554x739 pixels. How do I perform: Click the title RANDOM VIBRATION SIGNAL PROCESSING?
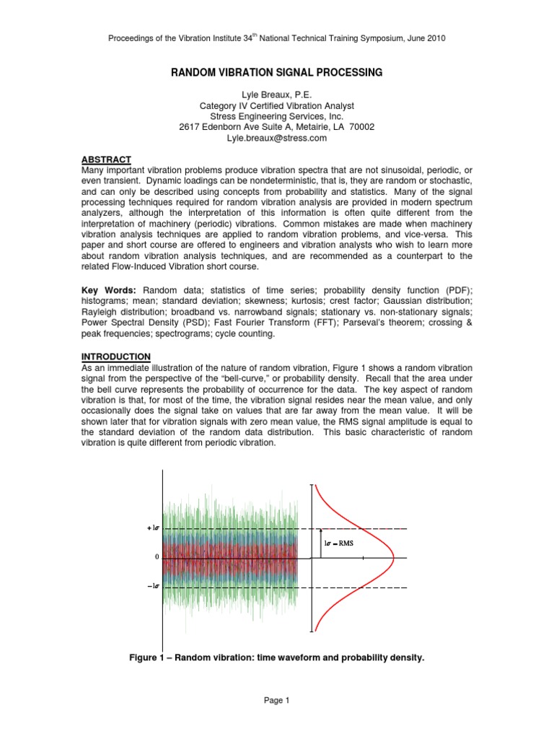click(x=276, y=72)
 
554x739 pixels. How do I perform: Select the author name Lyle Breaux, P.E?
click(x=276, y=95)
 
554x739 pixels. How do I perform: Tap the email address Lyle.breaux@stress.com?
click(x=276, y=137)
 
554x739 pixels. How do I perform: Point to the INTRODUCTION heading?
click(x=115, y=357)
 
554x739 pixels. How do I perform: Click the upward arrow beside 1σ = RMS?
click(x=320, y=543)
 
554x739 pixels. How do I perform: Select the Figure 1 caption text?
click(x=276, y=658)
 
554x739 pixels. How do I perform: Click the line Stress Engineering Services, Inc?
click(x=276, y=116)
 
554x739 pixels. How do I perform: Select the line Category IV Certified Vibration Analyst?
click(x=276, y=106)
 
